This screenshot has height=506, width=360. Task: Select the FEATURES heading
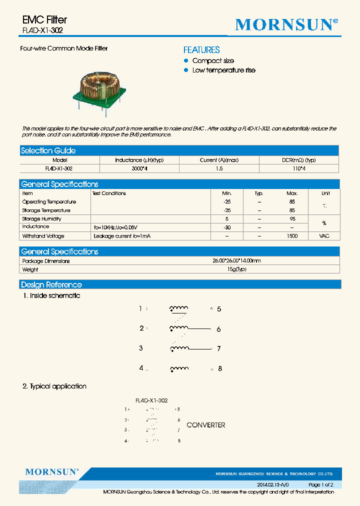click(x=201, y=50)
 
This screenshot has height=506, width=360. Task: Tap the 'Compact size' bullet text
click(x=213, y=61)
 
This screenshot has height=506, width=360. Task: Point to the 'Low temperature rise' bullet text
click(x=223, y=70)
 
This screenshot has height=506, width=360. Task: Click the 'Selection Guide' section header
click(x=48, y=150)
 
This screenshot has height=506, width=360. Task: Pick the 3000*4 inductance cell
click(x=139, y=169)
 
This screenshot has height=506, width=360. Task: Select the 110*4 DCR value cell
click(x=298, y=169)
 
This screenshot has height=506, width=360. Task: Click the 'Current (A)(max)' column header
click(x=219, y=160)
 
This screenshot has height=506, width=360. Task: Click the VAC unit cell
click(x=324, y=236)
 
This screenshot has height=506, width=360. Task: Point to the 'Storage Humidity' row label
click(x=42, y=219)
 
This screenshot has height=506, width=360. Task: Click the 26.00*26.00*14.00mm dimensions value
click(x=236, y=261)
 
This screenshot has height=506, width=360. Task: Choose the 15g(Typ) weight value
click(x=236, y=269)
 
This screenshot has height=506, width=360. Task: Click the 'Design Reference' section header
click(x=51, y=285)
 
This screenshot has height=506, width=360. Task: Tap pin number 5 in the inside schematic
click(x=219, y=309)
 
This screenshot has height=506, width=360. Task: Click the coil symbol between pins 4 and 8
click(x=179, y=369)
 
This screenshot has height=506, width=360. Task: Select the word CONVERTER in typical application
click(x=205, y=425)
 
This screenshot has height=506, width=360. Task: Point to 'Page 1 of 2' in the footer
click(x=320, y=485)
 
